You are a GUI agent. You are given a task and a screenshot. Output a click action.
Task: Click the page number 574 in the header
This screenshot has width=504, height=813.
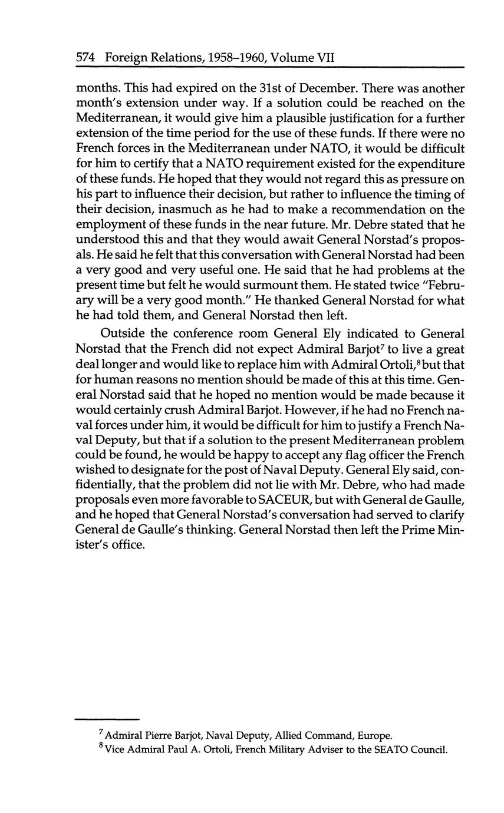coord(87,58)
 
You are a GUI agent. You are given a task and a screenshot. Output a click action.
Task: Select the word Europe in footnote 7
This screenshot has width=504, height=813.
coord(374,736)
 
